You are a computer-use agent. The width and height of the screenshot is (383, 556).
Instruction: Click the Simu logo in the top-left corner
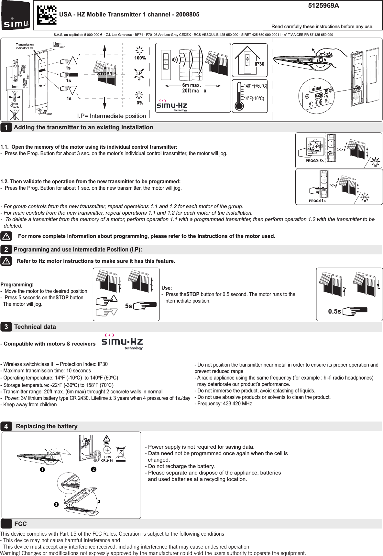[x=16, y=16]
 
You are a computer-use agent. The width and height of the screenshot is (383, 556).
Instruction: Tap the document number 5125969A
[x=323, y=5]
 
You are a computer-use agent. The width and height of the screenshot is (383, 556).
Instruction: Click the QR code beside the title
[x=47, y=15]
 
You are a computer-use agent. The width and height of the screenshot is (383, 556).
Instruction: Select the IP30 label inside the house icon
[x=259, y=64]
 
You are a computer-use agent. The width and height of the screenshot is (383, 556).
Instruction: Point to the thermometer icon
[x=239, y=96]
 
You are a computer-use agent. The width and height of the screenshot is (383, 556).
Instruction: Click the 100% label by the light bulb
[x=140, y=58]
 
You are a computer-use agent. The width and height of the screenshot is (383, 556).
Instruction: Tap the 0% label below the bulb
[x=140, y=103]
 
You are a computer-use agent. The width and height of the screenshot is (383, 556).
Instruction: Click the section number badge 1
[x=6, y=127]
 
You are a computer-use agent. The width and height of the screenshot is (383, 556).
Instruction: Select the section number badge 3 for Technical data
[x=6, y=327]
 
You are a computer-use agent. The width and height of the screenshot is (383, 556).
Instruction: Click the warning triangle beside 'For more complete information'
[x=6, y=236]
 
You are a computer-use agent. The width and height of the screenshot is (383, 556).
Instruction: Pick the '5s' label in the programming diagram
[x=128, y=306]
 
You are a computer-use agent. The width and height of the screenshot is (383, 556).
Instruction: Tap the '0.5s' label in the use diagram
[x=334, y=311]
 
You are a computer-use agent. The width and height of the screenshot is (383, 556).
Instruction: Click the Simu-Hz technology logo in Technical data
[x=122, y=342]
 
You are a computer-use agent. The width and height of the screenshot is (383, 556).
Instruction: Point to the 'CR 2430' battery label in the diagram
[x=107, y=461]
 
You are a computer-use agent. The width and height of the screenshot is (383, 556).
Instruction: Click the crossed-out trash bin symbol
[x=120, y=453]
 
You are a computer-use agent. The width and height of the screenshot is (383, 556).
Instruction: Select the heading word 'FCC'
[x=20, y=524]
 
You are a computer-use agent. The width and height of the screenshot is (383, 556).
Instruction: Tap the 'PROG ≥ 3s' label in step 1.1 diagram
[x=314, y=161]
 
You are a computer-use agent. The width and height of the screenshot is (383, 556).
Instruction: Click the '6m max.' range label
[x=191, y=85]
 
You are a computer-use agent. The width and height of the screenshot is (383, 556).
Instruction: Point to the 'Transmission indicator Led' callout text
[x=25, y=46]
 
